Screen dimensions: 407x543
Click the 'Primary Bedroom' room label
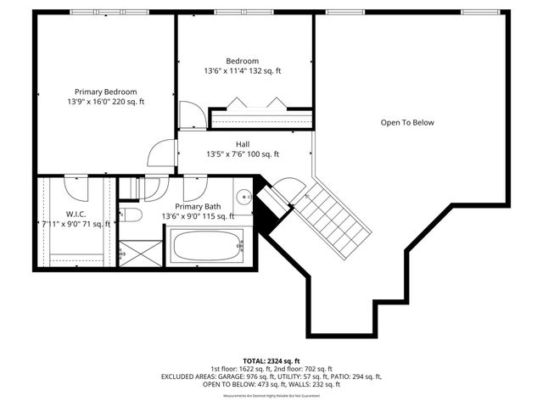coord(105,92)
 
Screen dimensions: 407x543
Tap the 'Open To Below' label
coord(406,123)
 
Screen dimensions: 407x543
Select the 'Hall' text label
coord(243,144)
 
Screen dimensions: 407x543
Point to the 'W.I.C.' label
coord(76,215)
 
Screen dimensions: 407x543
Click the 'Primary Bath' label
coord(198,207)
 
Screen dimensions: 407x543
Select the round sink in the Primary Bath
coord(243,197)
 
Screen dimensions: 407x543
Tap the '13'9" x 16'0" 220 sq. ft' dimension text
coord(105,102)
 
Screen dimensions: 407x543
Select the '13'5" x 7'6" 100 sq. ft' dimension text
coord(243,154)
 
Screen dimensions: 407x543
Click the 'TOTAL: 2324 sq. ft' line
coord(271,360)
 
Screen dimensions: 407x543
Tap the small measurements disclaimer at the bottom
coord(271,396)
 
